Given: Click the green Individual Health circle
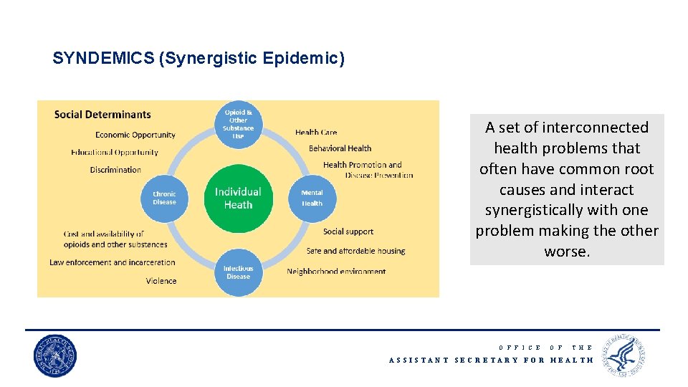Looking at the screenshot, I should coord(238,198).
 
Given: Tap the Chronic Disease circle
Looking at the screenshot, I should coord(164,198).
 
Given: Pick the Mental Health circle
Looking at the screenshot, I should coord(312,198).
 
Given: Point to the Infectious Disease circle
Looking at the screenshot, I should coord(238,272).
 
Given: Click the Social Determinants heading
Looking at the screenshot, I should coord(102,115).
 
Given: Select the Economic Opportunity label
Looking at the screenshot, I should coord(135,135).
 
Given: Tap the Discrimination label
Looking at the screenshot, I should coord(115,170).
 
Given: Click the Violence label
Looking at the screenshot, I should coord(161,281).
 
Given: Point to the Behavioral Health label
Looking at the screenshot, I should coord(340,148).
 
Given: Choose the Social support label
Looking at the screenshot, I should coord(348,231).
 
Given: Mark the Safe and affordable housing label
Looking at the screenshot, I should coord(355,251).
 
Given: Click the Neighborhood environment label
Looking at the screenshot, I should coord(336,272).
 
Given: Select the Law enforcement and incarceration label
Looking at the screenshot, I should coord(113,262).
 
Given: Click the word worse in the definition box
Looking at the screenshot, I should coord(565,252).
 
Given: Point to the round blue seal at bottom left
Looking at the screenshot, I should coord(55,356).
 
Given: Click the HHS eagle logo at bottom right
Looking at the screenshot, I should coord(624,355).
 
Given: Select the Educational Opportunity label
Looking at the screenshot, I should coord(115,152).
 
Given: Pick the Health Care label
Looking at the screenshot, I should coord(316,132).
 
